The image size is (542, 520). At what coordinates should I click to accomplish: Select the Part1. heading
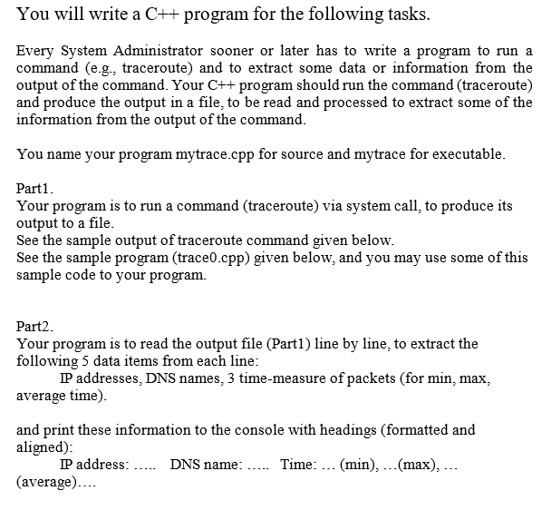tap(37, 189)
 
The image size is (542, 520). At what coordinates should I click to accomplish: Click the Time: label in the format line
tap(299, 465)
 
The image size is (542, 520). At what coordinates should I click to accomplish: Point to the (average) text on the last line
tap(46, 482)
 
